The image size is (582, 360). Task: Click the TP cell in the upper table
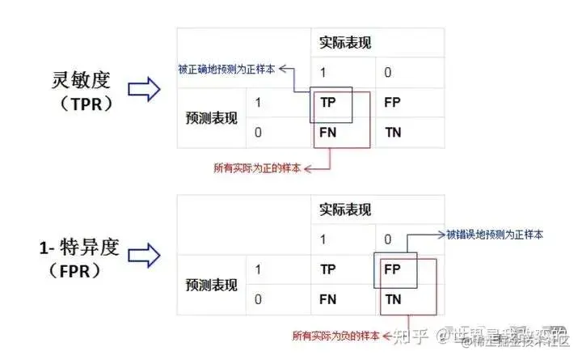pos(328,103)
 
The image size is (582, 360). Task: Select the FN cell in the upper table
pos(328,130)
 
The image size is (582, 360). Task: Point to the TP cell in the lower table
pos(328,269)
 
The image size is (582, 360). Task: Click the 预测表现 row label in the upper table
pos(211,117)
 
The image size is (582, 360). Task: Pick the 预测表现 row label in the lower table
pos(211,284)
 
